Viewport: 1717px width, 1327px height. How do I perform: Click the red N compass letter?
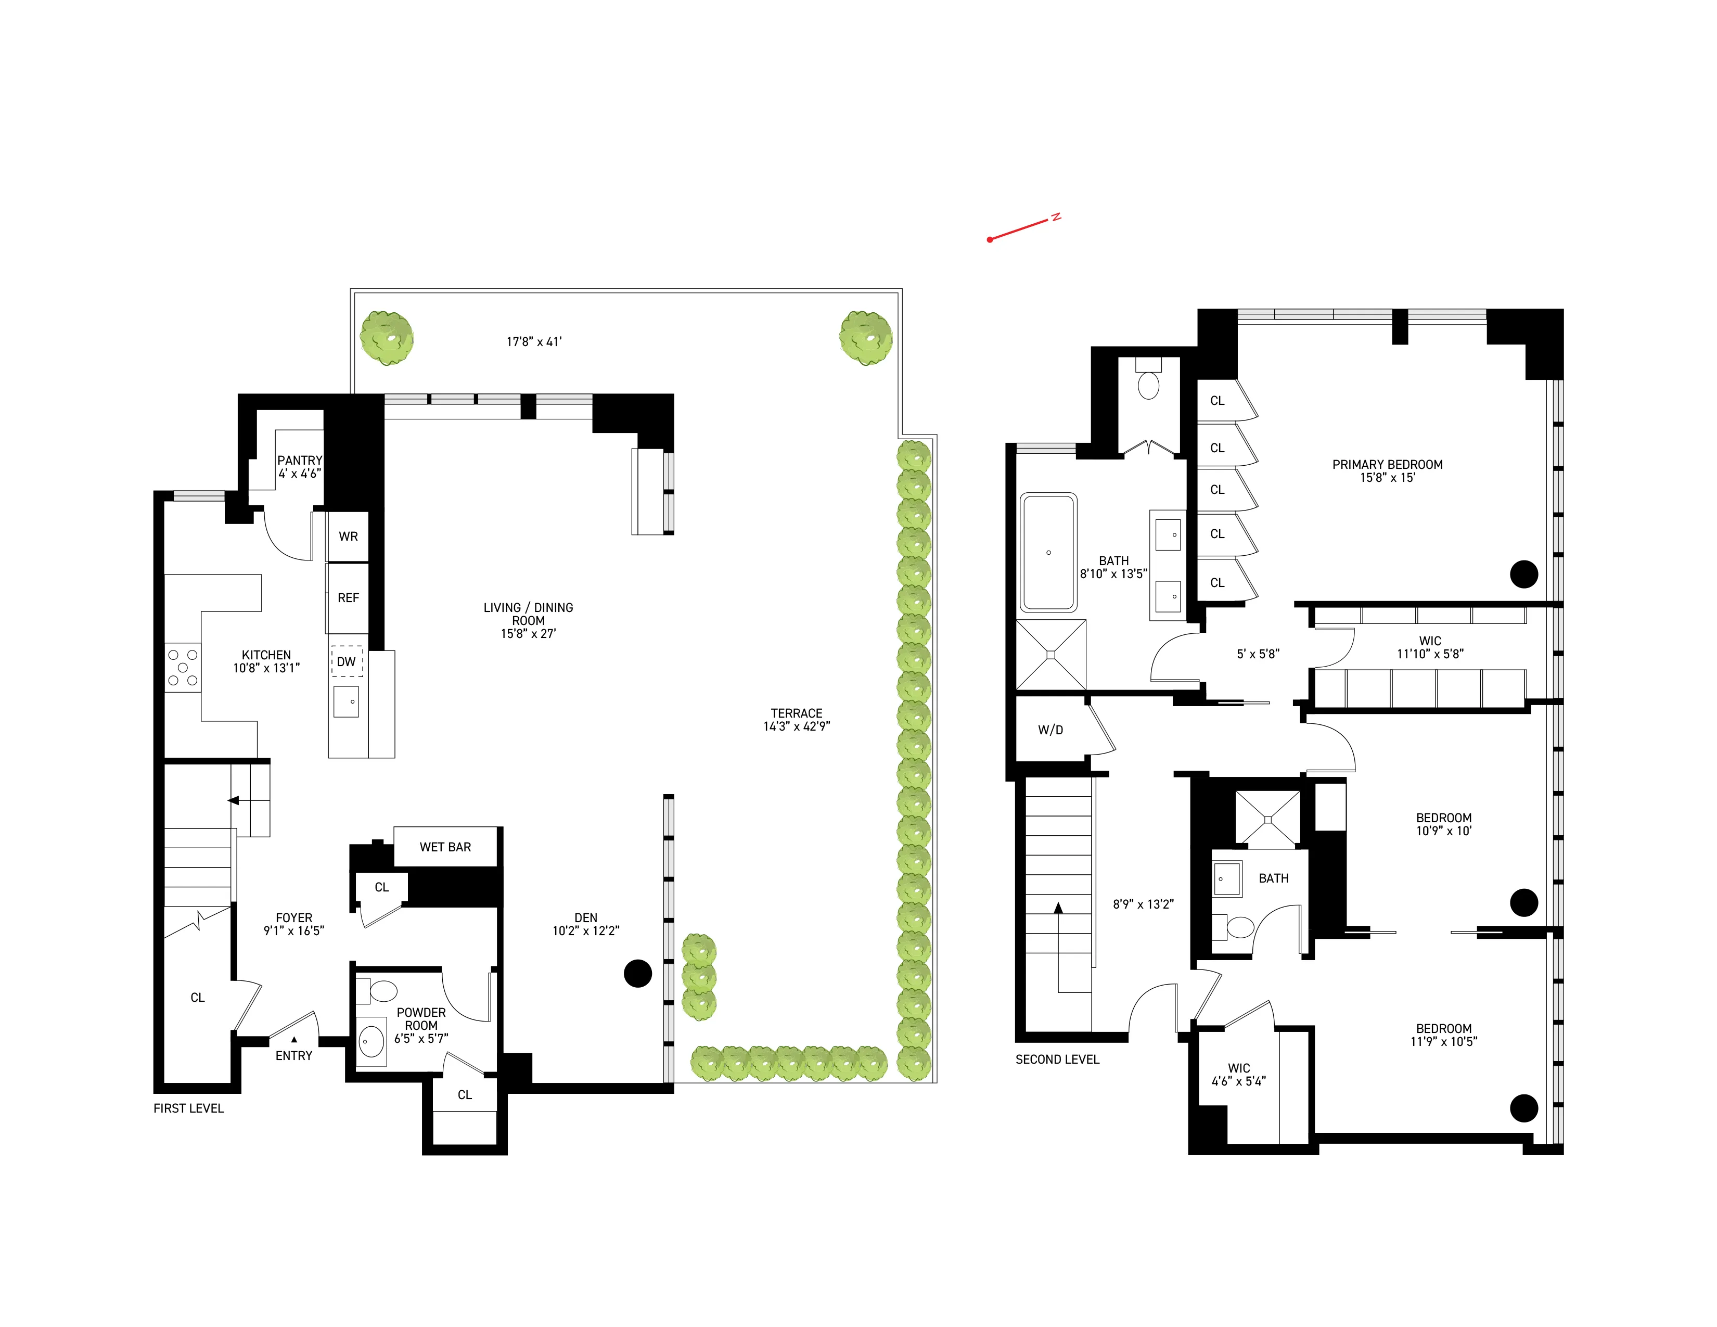pos(1057,217)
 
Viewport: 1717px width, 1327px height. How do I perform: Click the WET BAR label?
pos(445,847)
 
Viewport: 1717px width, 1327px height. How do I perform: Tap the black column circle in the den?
pos(637,973)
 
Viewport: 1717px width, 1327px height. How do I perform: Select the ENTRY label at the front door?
pos(293,1056)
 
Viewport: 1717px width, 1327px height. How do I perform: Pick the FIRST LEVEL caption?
pos(189,1108)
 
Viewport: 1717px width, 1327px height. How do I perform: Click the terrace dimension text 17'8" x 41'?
pos(534,341)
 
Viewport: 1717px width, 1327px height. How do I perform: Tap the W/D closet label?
pos(1050,730)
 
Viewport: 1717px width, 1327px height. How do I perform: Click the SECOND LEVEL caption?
pos(1057,1059)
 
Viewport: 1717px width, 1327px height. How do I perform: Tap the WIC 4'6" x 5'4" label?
pos(1238,1074)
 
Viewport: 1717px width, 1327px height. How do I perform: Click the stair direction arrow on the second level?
pos(1058,909)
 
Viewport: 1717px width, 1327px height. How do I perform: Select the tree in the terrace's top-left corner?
pos(387,338)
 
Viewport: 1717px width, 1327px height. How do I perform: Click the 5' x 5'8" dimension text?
pos(1258,653)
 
